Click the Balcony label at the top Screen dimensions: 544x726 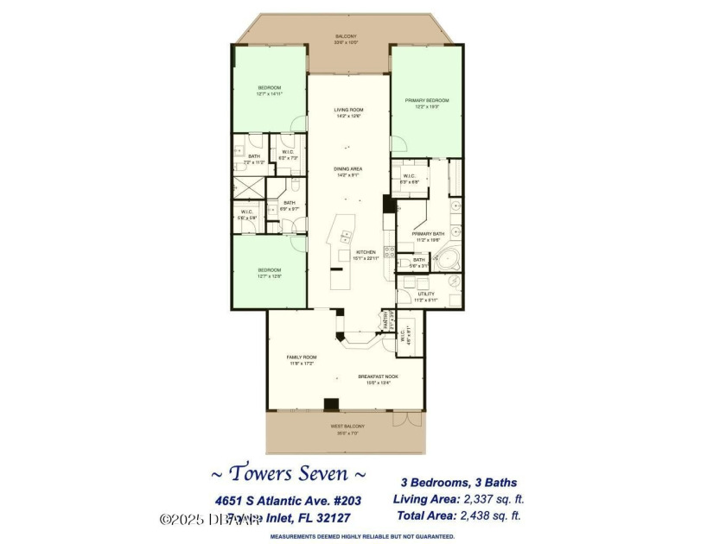(x=346, y=36)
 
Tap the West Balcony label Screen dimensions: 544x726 (x=347, y=427)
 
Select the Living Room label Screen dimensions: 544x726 (x=348, y=110)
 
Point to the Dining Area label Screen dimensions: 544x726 (x=348, y=169)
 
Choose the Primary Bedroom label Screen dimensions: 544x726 (x=424, y=100)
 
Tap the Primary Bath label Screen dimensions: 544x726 (x=428, y=234)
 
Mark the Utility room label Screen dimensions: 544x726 (x=426, y=294)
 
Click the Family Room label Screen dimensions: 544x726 (x=302, y=357)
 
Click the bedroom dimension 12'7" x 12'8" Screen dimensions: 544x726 (x=270, y=275)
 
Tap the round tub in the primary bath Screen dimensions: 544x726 (x=446, y=258)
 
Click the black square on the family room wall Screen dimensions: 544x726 (x=331, y=403)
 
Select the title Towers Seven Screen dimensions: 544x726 (x=289, y=473)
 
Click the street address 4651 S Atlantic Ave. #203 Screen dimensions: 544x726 (x=282, y=499)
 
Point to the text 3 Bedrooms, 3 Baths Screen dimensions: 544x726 (x=458, y=483)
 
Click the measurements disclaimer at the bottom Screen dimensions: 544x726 (x=362, y=536)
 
